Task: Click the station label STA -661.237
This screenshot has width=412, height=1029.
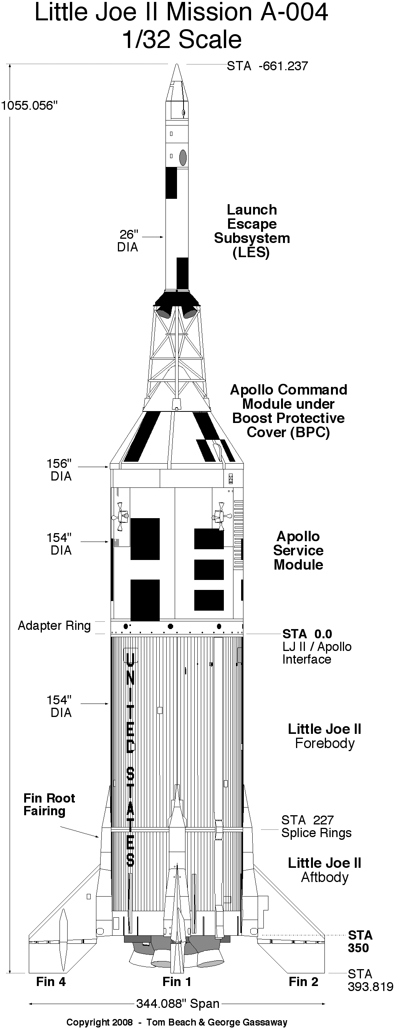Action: (x=267, y=66)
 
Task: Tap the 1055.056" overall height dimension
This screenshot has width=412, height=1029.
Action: (x=30, y=106)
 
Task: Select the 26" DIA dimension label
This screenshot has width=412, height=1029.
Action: (x=128, y=241)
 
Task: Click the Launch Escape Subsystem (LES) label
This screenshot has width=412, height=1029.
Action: (x=252, y=231)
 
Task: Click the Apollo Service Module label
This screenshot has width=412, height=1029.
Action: (x=298, y=550)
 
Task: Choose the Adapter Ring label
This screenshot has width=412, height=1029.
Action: (x=55, y=626)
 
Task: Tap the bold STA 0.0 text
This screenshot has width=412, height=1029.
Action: (x=307, y=634)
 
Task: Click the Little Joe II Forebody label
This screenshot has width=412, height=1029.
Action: (x=324, y=736)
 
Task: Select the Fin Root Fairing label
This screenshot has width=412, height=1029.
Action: (x=49, y=804)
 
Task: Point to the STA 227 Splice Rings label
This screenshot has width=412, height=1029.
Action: (x=316, y=826)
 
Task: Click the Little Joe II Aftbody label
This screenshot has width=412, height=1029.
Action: (x=324, y=870)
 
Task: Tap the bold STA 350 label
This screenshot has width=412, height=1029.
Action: (x=360, y=941)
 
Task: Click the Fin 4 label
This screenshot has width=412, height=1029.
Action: (x=51, y=981)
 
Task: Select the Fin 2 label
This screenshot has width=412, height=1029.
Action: (x=303, y=981)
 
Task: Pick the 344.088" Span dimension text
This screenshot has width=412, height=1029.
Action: (x=178, y=1003)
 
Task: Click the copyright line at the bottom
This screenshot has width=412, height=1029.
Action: (x=177, y=1022)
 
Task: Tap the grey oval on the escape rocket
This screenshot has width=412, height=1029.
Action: (x=183, y=157)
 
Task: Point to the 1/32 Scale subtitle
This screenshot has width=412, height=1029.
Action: (x=182, y=40)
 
